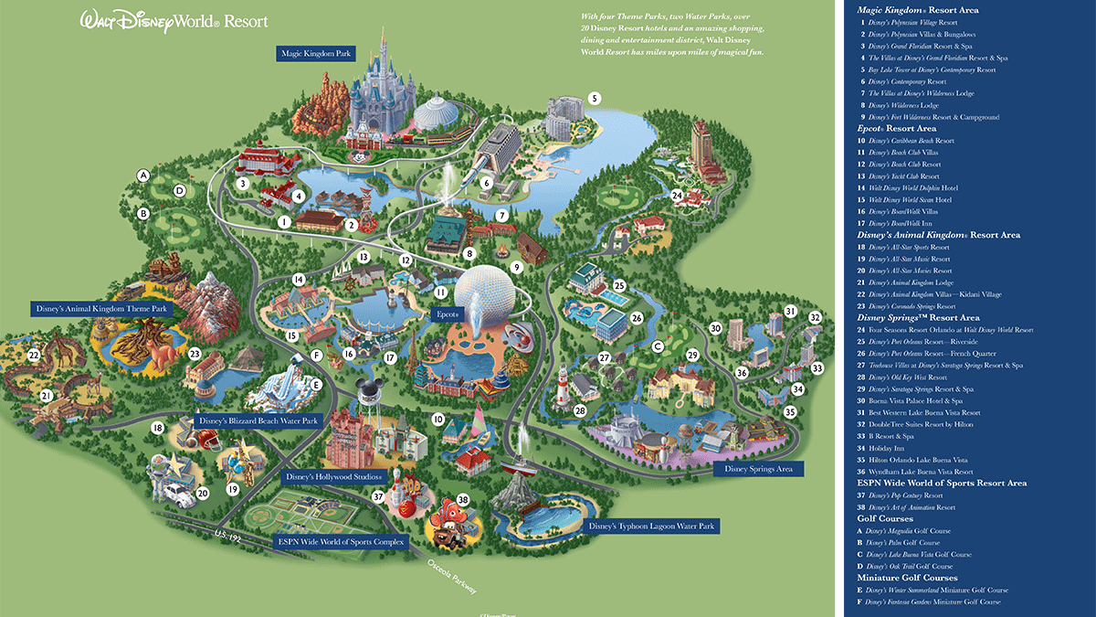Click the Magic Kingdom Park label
tap(316, 54)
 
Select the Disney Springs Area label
tap(758, 469)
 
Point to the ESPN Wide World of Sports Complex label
tap(341, 541)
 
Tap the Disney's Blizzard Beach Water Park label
tap(258, 421)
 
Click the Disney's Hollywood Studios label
tap(337, 477)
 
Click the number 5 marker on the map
tap(594, 98)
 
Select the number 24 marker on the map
tap(677, 195)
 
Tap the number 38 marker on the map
tap(463, 500)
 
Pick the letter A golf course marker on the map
tap(142, 175)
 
